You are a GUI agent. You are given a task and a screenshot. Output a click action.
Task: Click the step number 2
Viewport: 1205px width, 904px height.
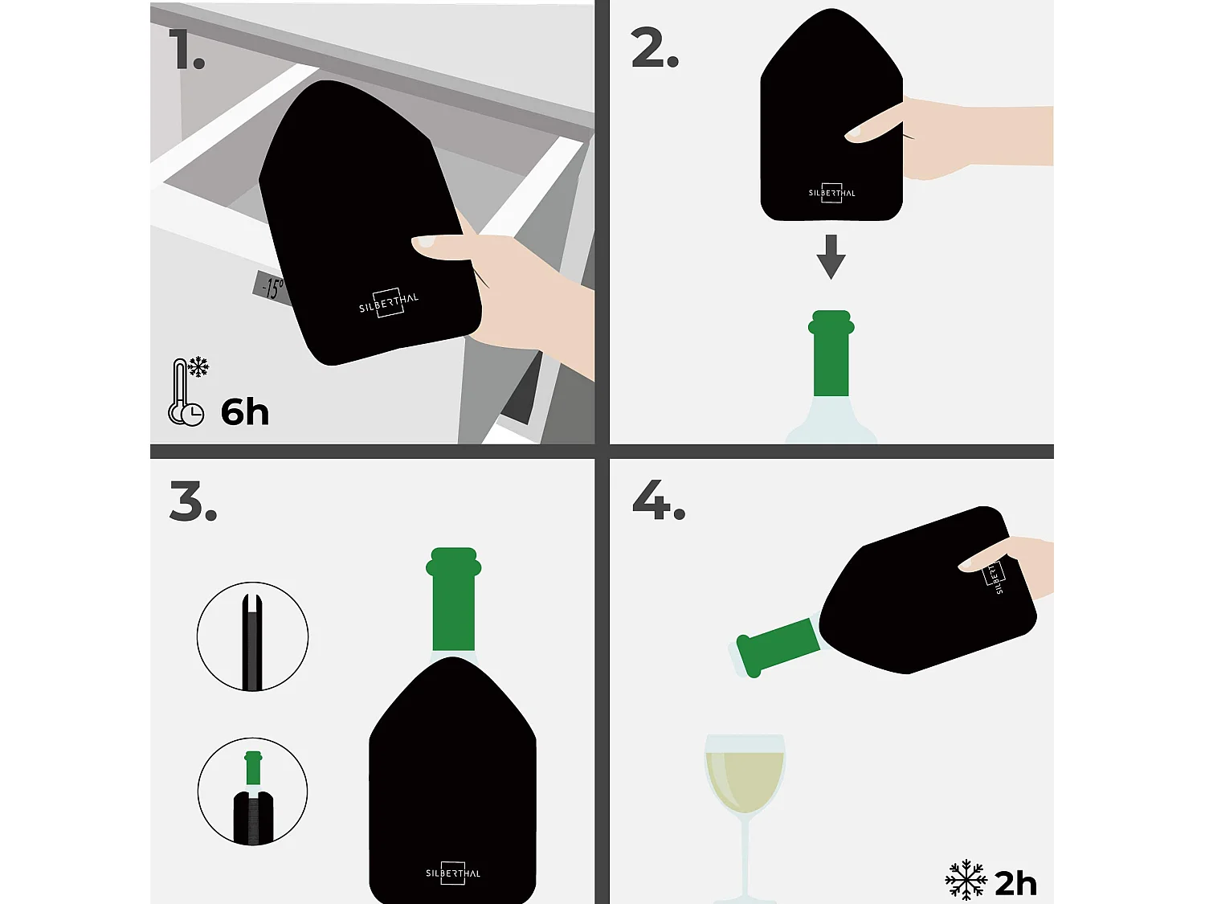tap(653, 48)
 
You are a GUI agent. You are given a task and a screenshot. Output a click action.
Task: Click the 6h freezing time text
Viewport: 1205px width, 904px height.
tap(244, 412)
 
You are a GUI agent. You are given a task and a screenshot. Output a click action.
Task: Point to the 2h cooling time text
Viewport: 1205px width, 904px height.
tap(1015, 883)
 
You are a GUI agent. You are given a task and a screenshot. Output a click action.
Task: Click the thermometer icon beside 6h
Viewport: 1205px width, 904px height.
tap(186, 392)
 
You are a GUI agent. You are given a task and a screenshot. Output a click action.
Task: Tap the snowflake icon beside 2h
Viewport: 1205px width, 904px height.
tap(966, 880)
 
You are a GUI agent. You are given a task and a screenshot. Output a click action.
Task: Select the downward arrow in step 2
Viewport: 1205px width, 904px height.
tap(831, 256)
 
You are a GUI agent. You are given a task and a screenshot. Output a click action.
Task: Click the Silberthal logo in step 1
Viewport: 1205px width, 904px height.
tap(389, 303)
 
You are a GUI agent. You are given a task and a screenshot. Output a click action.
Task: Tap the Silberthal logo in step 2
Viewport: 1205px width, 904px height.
tap(831, 193)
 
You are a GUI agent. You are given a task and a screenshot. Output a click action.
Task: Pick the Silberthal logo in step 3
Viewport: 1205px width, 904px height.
tap(453, 873)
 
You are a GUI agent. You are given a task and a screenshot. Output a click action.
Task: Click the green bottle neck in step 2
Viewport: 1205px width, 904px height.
tap(831, 354)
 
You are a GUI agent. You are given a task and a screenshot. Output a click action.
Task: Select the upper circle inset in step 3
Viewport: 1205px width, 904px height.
tap(252, 636)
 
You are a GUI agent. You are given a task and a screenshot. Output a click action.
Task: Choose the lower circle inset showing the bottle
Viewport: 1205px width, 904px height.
tap(252, 792)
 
